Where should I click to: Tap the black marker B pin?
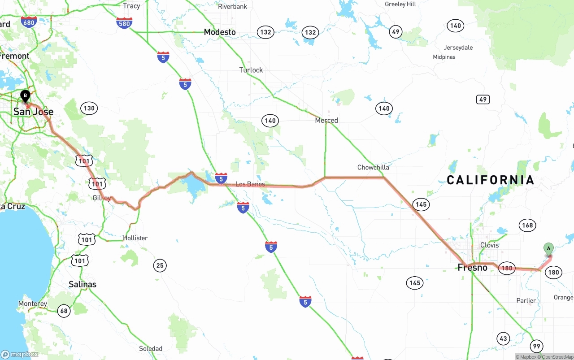[x=26, y=95]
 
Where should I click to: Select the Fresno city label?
[x=472, y=268]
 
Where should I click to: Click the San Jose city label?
[x=33, y=112]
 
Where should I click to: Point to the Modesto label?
[x=220, y=32]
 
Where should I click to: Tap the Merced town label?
[x=326, y=120]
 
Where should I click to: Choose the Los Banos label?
[x=250, y=184]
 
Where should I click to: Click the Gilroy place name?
[x=101, y=198]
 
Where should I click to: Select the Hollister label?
[x=135, y=238]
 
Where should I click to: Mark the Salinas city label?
[x=83, y=284]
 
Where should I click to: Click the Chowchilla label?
[x=373, y=167]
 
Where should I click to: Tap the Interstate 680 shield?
[x=29, y=22]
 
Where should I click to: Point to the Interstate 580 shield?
[x=124, y=23]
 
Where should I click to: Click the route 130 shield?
[x=89, y=108]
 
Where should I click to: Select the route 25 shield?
[x=160, y=265]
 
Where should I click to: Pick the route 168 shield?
[x=527, y=225]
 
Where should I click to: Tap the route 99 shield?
[x=536, y=346]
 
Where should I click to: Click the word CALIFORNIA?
[x=491, y=180]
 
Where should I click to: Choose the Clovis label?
[x=489, y=245]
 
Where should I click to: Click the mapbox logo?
[x=20, y=354]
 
